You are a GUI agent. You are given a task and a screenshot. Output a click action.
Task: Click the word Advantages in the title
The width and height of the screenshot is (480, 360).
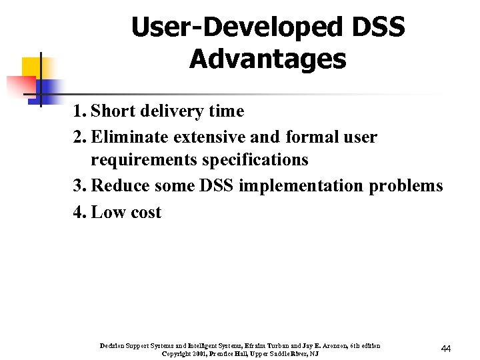click(267, 59)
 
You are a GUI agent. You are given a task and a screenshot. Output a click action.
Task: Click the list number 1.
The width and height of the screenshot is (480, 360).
click(79, 111)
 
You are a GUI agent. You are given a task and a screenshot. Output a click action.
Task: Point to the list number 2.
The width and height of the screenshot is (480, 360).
click(79, 138)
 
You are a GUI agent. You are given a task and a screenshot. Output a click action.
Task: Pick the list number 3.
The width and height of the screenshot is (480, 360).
click(79, 186)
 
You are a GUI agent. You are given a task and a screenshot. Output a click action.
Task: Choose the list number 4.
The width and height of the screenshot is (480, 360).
click(79, 213)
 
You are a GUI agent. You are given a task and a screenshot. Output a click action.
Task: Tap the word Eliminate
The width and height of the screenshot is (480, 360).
click(130, 138)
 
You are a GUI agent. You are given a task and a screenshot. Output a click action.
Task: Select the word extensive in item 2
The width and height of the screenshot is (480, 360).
click(209, 138)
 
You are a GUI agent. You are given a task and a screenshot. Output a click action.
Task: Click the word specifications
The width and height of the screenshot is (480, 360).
click(255, 160)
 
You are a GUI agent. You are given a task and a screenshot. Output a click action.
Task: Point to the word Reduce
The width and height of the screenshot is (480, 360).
click(120, 186)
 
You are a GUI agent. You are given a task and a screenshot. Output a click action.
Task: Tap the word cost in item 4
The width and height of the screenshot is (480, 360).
click(145, 213)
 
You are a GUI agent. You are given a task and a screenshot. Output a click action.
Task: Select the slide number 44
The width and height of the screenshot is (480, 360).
click(446, 349)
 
